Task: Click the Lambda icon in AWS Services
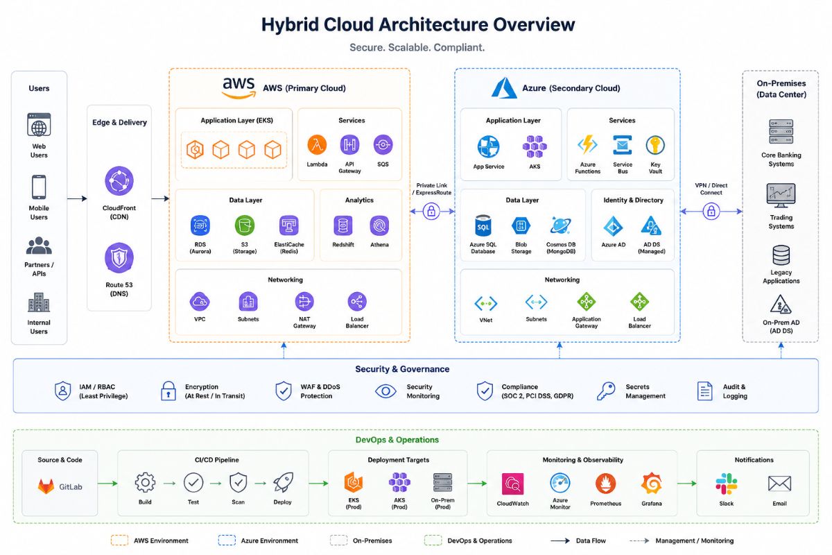[x=317, y=144]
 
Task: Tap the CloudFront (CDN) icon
[x=119, y=181]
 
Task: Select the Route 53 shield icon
[x=119, y=257]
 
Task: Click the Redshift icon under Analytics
[x=343, y=225]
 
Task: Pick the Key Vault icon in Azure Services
[x=655, y=145]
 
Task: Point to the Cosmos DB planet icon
[x=560, y=225]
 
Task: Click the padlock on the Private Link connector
[x=431, y=211]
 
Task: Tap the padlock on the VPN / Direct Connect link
[x=711, y=211]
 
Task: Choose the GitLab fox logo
[x=46, y=486]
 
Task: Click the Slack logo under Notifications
[x=726, y=484]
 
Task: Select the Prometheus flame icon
[x=605, y=484]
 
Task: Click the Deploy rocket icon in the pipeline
[x=283, y=483]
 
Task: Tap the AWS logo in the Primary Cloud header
[x=239, y=87]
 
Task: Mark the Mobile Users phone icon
[x=39, y=187]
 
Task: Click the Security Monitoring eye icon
[x=385, y=391]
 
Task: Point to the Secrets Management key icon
[x=606, y=391]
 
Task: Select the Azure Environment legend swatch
[x=227, y=540]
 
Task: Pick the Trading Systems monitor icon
[x=781, y=196]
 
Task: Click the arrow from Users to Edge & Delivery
[x=77, y=198]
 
